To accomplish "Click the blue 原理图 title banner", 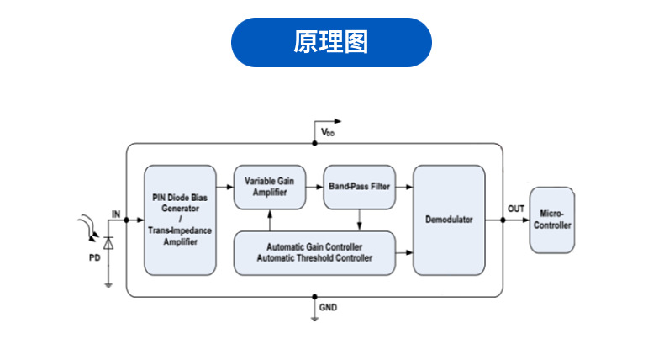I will (331, 41).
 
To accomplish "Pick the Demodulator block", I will (450, 220).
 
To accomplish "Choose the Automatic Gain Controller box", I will (314, 252).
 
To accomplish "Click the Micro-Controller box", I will (552, 220).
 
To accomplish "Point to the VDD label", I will (327, 133).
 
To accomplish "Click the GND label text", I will (329, 308).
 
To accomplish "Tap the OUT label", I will (515, 209).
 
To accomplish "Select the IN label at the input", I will (116, 213).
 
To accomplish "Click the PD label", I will (94, 257).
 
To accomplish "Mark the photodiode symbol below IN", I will (108, 245).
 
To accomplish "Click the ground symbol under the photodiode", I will (108, 284).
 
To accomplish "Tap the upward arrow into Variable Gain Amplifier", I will (269, 219).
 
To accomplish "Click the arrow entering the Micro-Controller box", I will (521, 220).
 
